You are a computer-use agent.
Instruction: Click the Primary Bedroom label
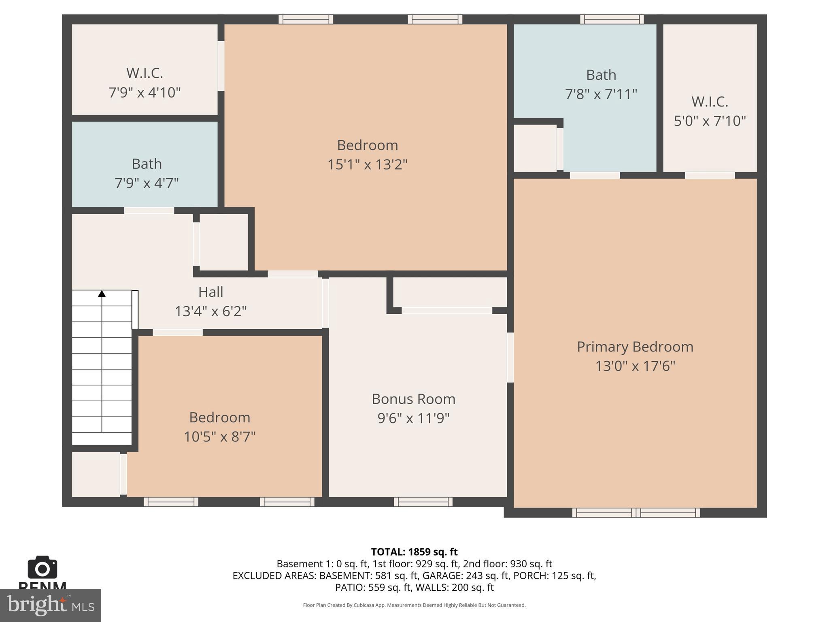(x=635, y=347)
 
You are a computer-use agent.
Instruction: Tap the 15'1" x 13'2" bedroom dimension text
(x=367, y=165)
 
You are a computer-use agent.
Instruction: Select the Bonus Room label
(x=413, y=399)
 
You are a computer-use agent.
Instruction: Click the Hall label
(x=210, y=292)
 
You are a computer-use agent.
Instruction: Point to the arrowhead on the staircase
(x=102, y=294)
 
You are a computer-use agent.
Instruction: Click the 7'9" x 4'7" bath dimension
(x=147, y=183)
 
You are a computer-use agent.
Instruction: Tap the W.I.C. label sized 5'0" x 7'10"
(x=710, y=102)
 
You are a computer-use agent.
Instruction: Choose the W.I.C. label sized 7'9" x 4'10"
(x=145, y=73)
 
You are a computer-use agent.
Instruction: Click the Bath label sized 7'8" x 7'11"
(x=601, y=75)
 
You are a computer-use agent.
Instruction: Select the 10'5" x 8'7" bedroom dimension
(x=219, y=437)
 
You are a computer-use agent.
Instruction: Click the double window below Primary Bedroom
(x=636, y=513)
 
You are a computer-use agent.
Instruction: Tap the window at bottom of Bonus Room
(x=423, y=502)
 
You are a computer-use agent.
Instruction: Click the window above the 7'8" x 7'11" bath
(x=612, y=19)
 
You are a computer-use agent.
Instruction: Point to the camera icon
(x=42, y=568)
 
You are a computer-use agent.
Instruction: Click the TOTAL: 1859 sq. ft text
(x=414, y=552)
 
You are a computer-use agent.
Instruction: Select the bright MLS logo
(x=50, y=605)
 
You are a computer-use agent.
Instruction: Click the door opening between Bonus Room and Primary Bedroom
(x=510, y=357)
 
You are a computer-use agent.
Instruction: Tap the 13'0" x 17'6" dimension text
(x=635, y=366)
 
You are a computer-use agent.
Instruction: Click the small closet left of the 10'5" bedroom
(x=96, y=474)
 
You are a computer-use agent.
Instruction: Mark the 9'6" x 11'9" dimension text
(x=413, y=418)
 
